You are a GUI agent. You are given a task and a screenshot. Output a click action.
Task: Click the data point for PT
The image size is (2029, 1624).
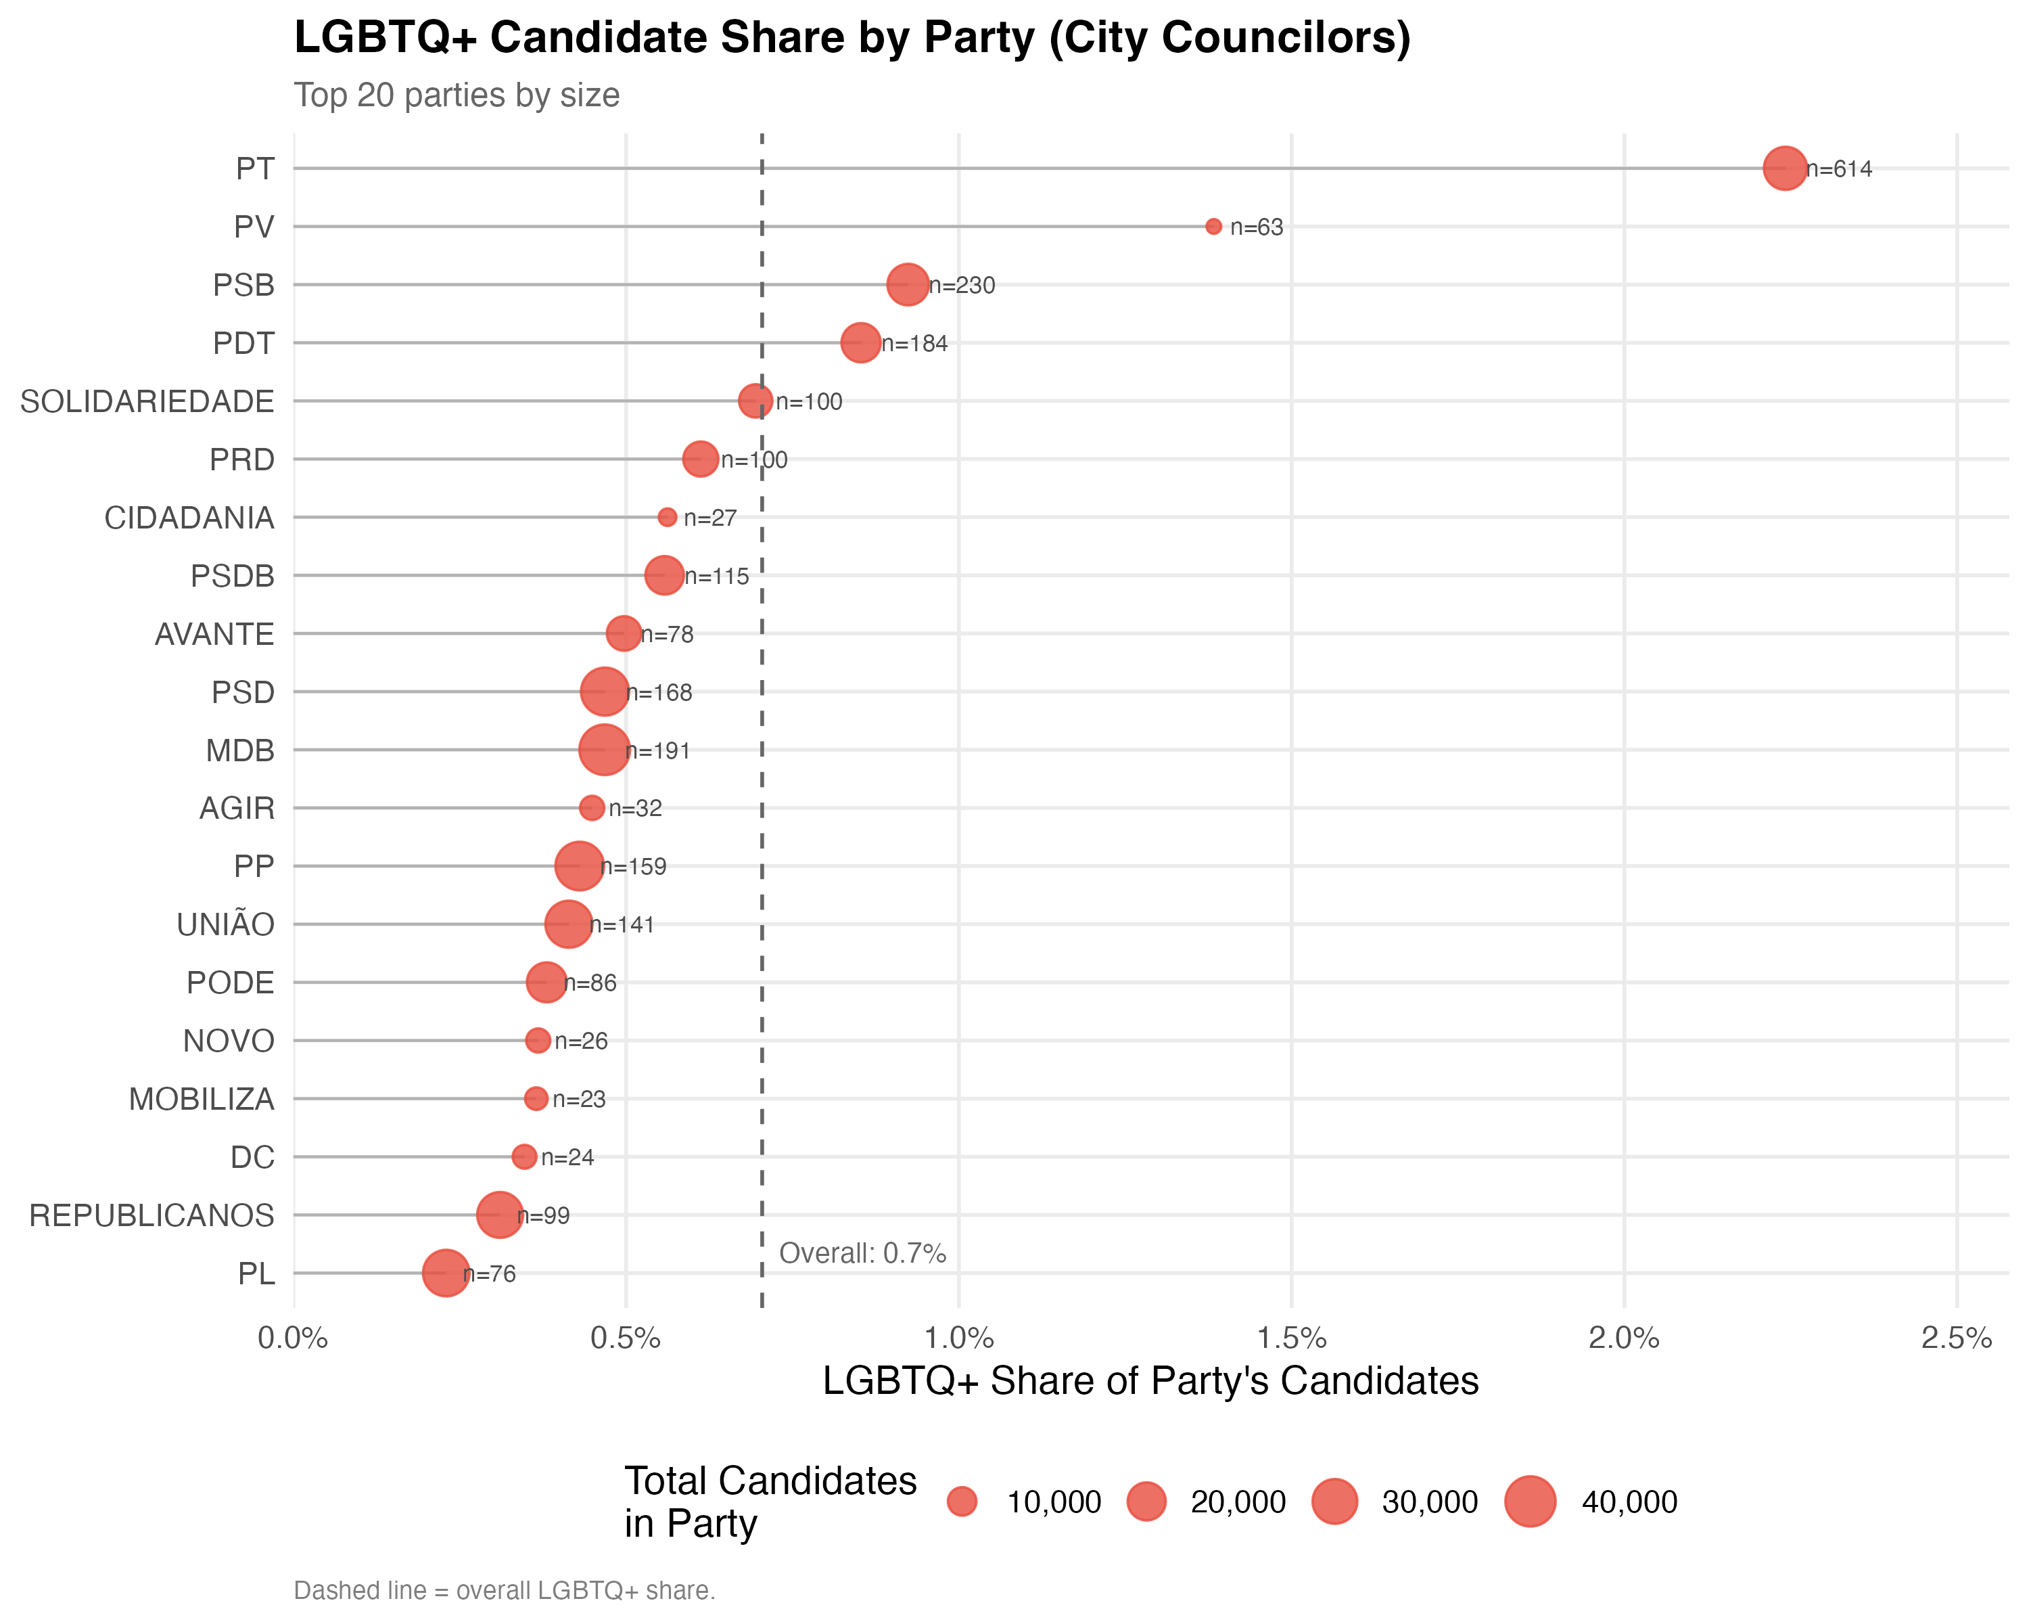tap(1784, 168)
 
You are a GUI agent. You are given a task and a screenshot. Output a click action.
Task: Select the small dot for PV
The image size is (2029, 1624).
tap(1213, 227)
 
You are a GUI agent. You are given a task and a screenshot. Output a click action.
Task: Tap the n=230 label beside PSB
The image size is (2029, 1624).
tap(962, 286)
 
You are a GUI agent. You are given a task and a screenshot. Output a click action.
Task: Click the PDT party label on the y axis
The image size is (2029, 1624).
tap(243, 344)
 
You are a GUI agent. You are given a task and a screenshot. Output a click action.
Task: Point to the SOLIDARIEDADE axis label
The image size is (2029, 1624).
tap(147, 402)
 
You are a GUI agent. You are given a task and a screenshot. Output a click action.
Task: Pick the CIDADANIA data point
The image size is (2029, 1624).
tap(668, 517)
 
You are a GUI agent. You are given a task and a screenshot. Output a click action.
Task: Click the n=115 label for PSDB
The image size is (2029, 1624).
tap(717, 576)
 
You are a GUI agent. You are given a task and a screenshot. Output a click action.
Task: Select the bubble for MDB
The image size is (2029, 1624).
tap(603, 750)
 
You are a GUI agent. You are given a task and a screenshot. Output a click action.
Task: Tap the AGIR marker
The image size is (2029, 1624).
tap(591, 808)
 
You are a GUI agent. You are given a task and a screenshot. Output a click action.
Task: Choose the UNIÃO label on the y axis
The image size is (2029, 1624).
tap(226, 924)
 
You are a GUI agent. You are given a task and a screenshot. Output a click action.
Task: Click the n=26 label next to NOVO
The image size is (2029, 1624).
tap(581, 1041)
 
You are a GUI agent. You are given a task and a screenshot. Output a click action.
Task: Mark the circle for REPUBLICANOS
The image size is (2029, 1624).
tap(498, 1215)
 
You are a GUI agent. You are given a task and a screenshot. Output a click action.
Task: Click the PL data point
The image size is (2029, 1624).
tap(445, 1273)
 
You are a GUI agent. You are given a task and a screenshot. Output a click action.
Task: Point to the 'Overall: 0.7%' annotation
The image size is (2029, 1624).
tap(862, 1253)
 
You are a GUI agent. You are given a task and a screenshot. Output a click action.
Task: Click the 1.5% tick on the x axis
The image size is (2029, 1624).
tap(1291, 1338)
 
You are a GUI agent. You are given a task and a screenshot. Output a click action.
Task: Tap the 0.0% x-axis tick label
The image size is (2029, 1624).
tap(293, 1338)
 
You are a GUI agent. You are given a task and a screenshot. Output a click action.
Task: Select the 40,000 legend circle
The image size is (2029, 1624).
tap(1529, 1502)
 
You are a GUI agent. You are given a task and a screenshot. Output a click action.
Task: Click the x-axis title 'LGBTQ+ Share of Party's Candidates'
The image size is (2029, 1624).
tap(1150, 1381)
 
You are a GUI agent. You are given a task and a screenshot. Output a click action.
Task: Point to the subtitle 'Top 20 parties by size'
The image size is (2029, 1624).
tap(457, 95)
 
